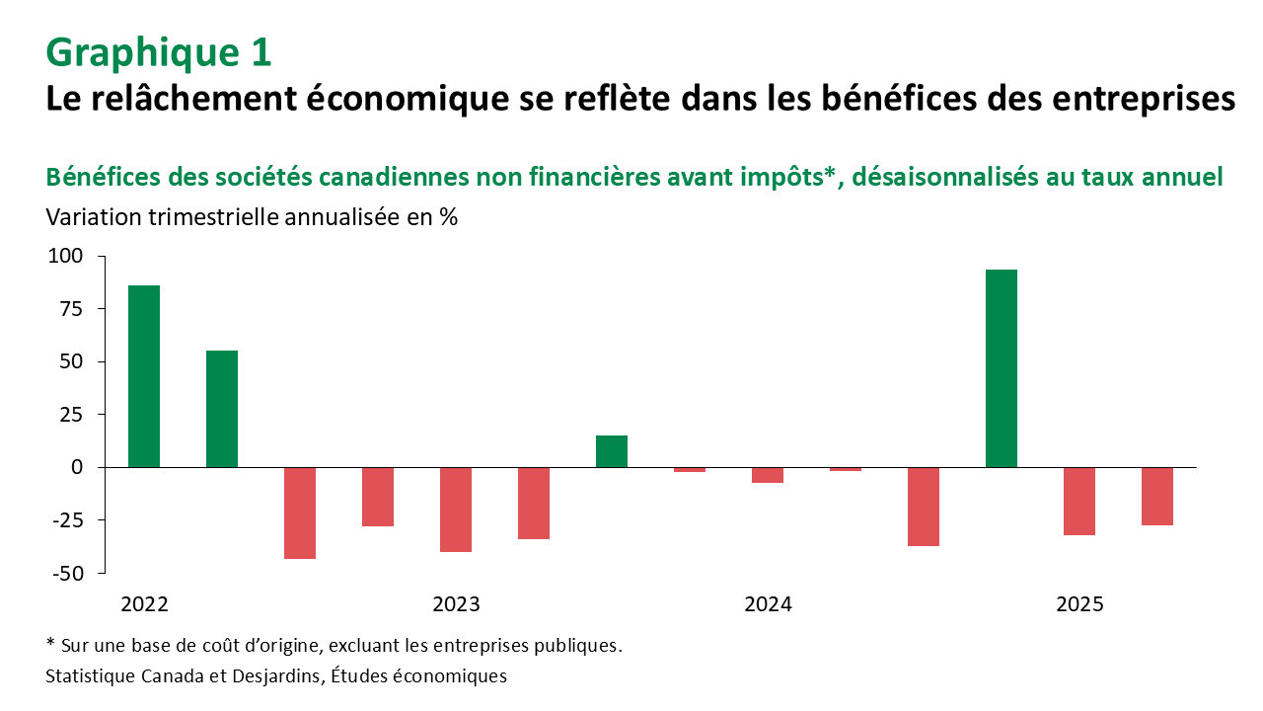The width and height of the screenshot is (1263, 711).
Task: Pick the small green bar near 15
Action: tap(612, 450)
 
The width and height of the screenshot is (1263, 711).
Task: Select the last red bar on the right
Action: tap(1157, 496)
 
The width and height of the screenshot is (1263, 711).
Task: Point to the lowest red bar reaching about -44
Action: tap(300, 513)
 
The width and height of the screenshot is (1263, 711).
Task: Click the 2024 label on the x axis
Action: tap(769, 604)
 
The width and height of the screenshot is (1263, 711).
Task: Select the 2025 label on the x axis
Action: tap(1079, 604)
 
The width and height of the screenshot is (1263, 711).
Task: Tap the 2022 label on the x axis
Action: tap(144, 604)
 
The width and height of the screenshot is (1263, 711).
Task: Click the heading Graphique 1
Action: tap(159, 52)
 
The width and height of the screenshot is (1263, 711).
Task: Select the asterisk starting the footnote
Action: tap(50, 644)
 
